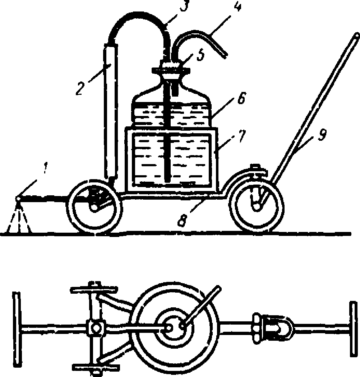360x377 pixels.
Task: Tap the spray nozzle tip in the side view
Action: pyautogui.click(x=18, y=198)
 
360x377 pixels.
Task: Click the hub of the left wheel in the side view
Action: pyautogui.click(x=94, y=208)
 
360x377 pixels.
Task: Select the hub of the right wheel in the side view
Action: pyautogui.click(x=257, y=206)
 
